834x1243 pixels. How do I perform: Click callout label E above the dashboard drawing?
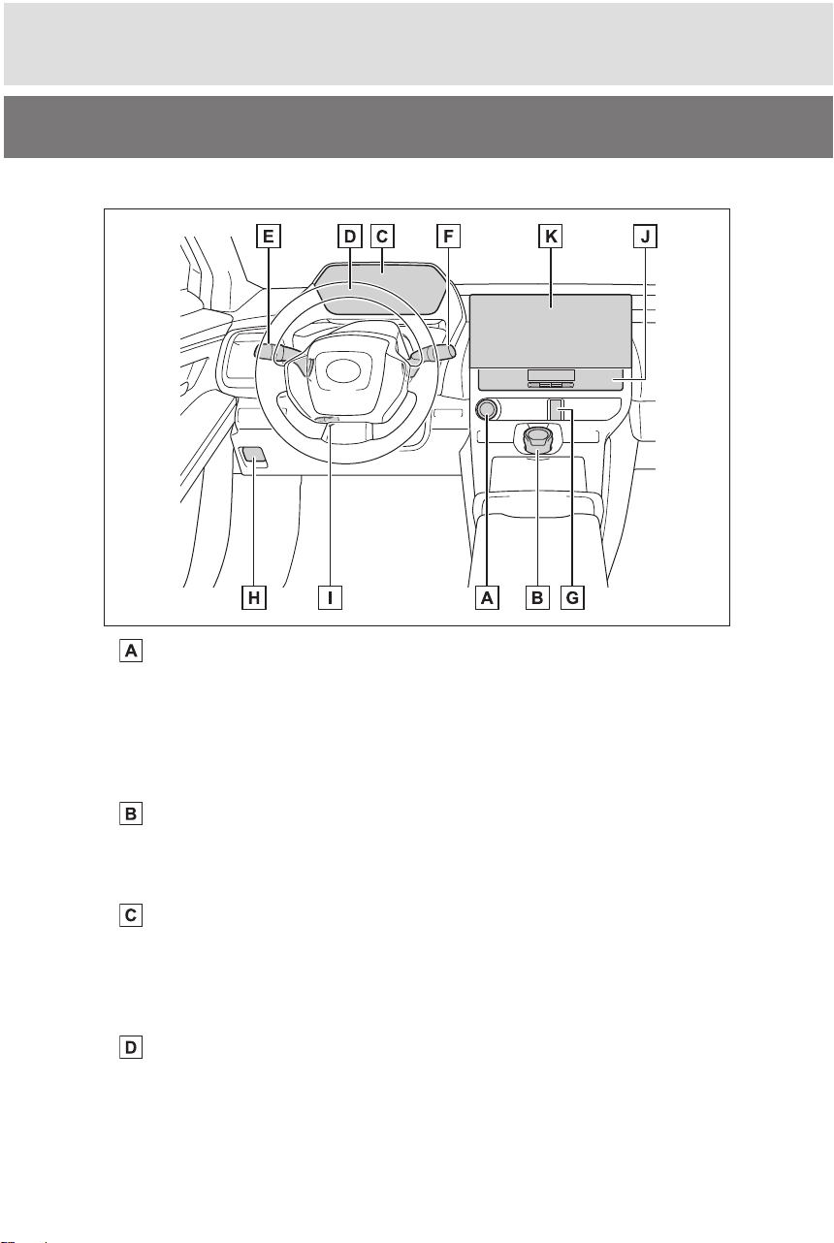[x=269, y=237]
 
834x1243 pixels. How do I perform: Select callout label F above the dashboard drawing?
[x=448, y=237]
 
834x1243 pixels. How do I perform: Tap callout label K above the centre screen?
[x=551, y=237]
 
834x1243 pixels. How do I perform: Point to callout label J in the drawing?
[x=645, y=237]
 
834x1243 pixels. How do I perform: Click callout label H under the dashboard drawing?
[x=253, y=597]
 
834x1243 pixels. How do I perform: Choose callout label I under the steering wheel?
[x=330, y=597]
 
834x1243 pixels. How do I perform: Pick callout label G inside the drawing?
[x=572, y=597]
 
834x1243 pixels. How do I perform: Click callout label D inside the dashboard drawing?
[x=350, y=237]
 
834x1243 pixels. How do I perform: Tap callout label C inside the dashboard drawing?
[x=382, y=237]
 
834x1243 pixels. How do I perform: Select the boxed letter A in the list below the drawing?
[x=131, y=651]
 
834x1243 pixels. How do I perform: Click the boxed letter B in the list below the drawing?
[x=131, y=813]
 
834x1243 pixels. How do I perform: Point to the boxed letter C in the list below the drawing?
[x=131, y=914]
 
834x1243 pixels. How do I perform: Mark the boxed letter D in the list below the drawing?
[x=131, y=1048]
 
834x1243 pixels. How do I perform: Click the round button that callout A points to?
[x=487, y=409]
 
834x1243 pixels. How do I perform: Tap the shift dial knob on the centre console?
[x=537, y=439]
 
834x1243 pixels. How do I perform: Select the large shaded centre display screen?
[x=551, y=331]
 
